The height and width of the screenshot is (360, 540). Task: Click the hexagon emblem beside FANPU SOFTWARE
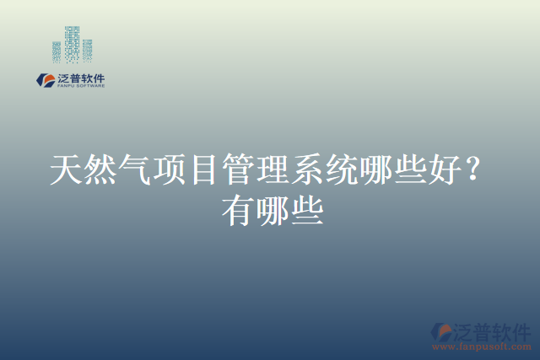[x=45, y=80]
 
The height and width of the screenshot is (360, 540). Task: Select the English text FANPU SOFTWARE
[x=80, y=86]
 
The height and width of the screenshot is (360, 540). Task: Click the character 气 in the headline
[x=135, y=171]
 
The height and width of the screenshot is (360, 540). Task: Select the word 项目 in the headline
[x=186, y=171]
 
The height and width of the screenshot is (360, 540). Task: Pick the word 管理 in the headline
[x=255, y=171]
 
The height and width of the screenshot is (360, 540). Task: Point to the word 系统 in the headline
[x=323, y=171]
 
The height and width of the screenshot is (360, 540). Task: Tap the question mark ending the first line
[x=474, y=171]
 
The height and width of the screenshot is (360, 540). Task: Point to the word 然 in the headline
[x=100, y=171]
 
